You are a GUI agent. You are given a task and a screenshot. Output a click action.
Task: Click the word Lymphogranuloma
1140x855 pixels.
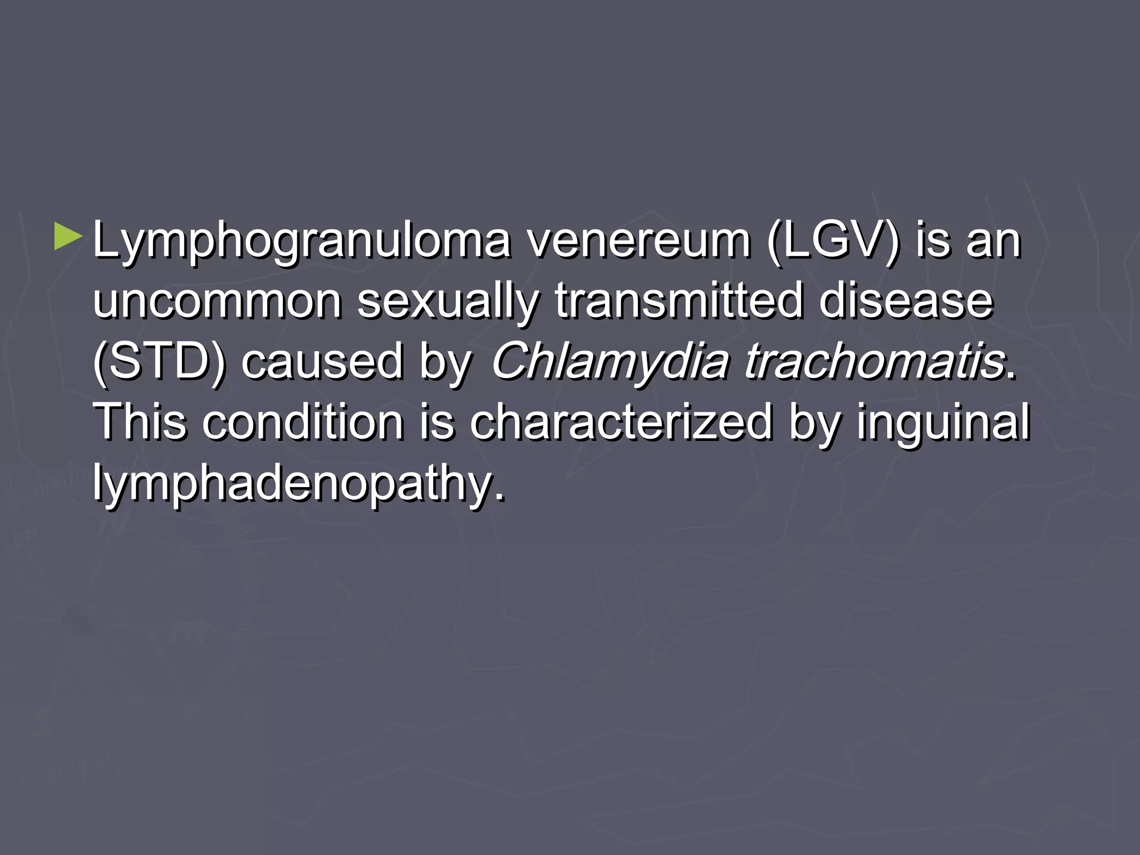point(301,240)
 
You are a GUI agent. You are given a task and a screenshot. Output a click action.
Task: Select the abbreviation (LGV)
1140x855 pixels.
point(833,240)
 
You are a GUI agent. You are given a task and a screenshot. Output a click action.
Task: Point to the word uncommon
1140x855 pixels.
point(217,301)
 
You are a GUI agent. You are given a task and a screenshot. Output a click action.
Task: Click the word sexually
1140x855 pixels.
point(448,301)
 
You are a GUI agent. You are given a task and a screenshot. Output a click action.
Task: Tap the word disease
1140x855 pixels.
point(906,301)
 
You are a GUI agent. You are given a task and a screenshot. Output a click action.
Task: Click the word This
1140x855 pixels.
point(139,422)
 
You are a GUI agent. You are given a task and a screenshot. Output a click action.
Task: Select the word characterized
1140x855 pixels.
point(621,422)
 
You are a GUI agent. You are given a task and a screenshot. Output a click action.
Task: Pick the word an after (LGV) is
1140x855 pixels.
point(994,240)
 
